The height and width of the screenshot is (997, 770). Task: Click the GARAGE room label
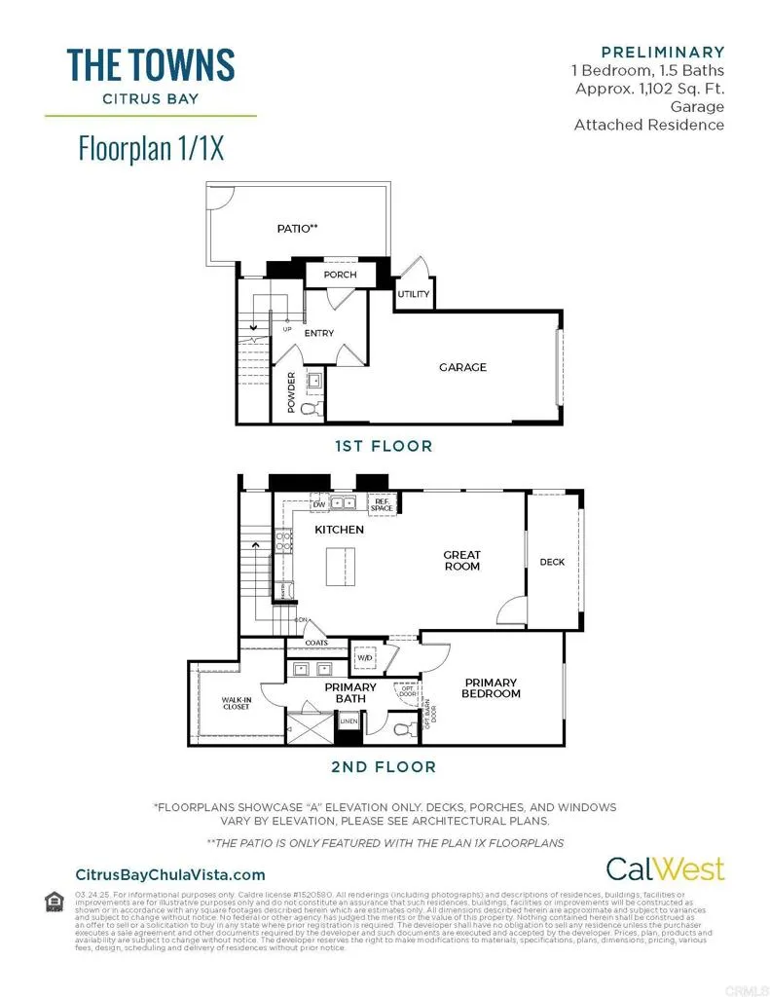click(462, 367)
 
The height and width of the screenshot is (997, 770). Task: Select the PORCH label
click(340, 275)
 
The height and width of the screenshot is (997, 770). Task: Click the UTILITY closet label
click(413, 293)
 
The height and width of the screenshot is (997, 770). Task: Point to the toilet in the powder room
click(312, 408)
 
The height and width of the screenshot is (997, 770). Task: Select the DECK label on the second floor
click(552, 562)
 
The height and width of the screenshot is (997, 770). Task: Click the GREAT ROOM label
click(462, 560)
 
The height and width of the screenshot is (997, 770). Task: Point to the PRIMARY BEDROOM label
click(492, 688)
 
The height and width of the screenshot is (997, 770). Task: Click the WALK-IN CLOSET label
click(236, 703)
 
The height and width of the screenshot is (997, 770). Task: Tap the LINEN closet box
click(348, 721)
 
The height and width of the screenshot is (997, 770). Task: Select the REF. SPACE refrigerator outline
click(382, 505)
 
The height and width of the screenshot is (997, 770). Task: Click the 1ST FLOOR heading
click(384, 446)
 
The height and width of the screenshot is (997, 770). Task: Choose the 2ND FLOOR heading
click(384, 767)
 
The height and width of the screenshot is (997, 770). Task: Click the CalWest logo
click(665, 868)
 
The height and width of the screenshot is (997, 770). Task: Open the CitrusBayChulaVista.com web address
click(169, 875)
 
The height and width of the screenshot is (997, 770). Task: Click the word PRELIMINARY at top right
click(663, 53)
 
